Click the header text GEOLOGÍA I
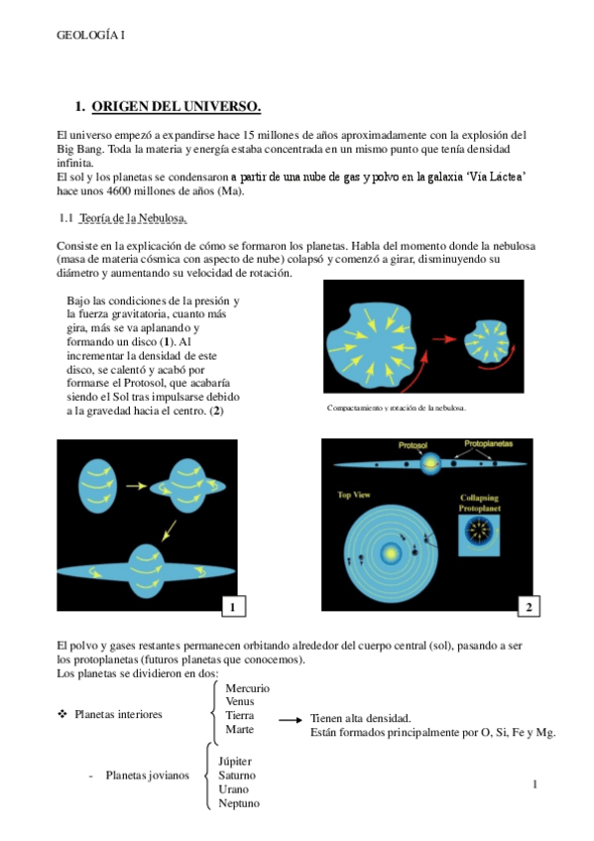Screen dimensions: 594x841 (90, 36)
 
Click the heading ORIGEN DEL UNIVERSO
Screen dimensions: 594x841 (177, 106)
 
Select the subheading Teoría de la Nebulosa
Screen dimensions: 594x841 (133, 218)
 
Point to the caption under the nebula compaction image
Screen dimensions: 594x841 (397, 409)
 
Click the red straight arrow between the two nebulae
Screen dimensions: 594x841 (444, 339)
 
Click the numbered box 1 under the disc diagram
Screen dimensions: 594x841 (233, 607)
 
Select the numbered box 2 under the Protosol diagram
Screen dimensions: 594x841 (529, 607)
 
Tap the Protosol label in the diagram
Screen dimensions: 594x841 (413, 445)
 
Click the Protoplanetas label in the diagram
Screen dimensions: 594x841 (488, 443)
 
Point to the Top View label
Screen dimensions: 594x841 (354, 495)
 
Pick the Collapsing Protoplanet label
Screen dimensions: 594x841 (479, 503)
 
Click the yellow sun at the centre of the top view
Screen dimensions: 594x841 (391, 553)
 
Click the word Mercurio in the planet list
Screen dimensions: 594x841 (247, 688)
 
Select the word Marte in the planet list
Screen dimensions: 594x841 (239, 730)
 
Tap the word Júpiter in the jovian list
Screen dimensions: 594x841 (235, 762)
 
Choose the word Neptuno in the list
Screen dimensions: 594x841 (239, 803)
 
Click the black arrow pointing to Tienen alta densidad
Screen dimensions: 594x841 (291, 720)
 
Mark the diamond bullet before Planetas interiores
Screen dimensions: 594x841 (62, 714)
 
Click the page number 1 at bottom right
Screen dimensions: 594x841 (535, 784)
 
